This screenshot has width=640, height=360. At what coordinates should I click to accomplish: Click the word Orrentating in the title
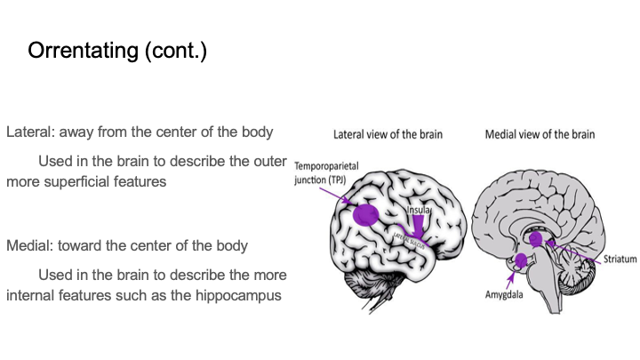pos(79,50)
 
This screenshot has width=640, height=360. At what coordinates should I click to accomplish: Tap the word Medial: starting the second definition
pos(29,244)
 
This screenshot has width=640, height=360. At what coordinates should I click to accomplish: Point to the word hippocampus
pos(243,294)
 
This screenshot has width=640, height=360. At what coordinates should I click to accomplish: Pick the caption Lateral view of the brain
pos(388,135)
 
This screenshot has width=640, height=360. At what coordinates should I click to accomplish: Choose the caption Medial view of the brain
pos(540,135)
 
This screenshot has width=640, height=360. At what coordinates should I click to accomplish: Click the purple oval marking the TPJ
pos(364,214)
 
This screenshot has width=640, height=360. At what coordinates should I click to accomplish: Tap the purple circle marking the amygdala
pos(523,261)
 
